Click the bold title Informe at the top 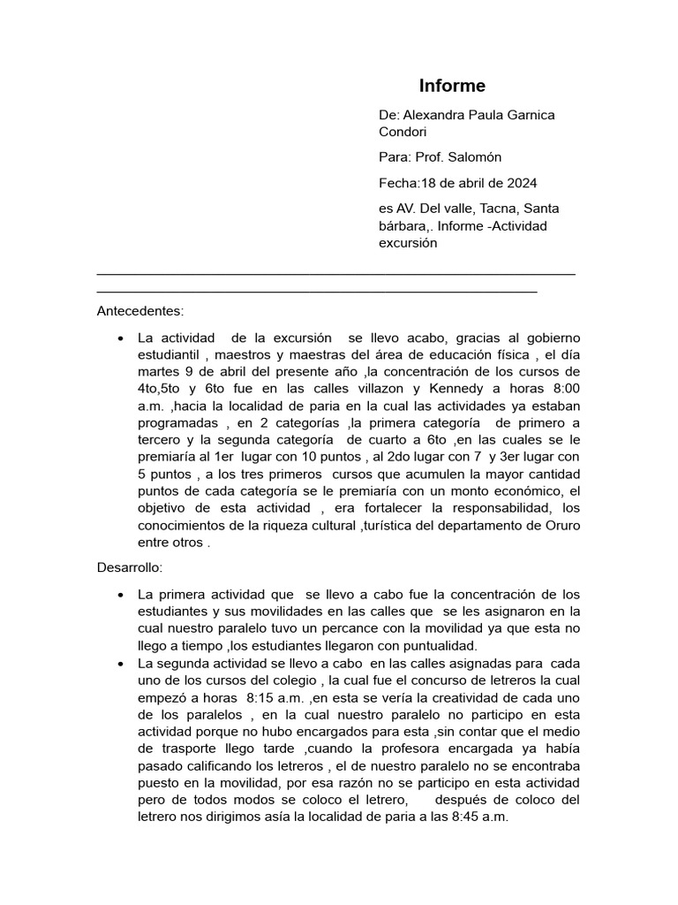(x=451, y=86)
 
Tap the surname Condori (x=402, y=133)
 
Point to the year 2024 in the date (x=522, y=183)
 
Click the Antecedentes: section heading (x=140, y=311)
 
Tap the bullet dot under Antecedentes (x=119, y=338)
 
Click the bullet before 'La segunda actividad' (x=119, y=663)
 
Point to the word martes (x=160, y=372)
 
